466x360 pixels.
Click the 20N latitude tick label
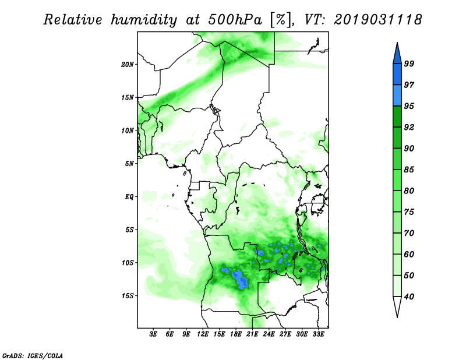[128, 64]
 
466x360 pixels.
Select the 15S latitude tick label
[128, 296]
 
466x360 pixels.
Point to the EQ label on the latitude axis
[130, 196]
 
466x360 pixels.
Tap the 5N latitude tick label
[130, 164]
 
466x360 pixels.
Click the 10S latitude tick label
[128, 263]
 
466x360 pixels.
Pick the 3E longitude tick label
[153, 334]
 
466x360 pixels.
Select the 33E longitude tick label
[319, 334]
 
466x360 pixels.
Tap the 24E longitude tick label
[269, 334]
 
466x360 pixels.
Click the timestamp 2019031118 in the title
[377, 20]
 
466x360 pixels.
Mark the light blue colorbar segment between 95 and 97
[397, 96]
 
